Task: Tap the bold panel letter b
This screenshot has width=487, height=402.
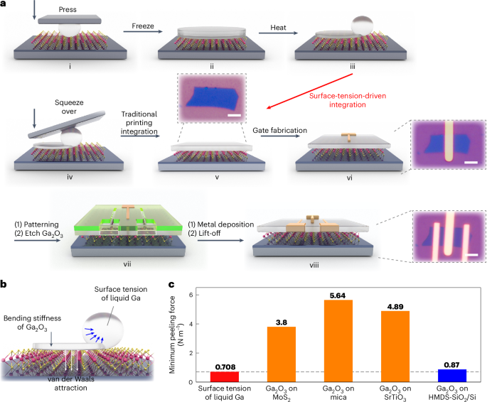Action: tap(5, 283)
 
